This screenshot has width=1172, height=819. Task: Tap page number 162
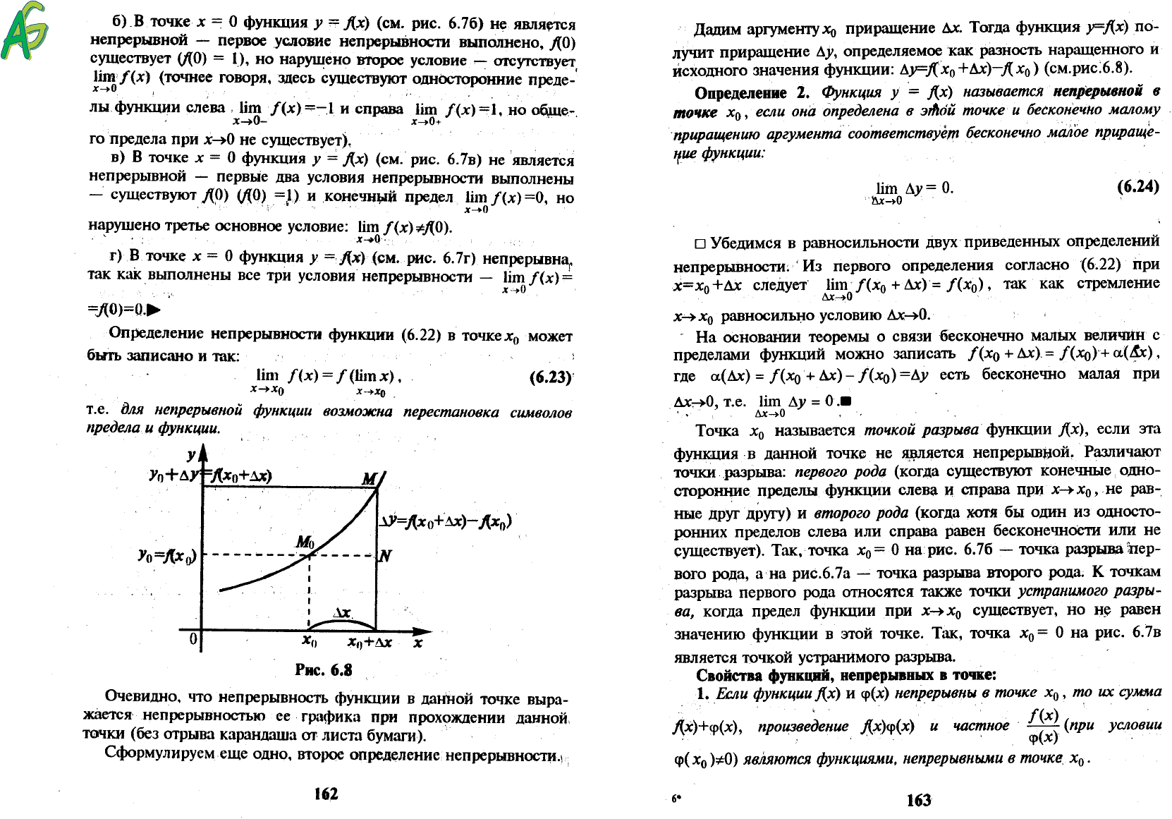pyautogui.click(x=326, y=794)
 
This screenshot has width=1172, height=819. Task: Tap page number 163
pyautogui.click(x=918, y=799)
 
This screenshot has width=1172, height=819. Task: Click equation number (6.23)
pyautogui.click(x=550, y=377)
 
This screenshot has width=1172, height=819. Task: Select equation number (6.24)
pyautogui.click(x=1137, y=186)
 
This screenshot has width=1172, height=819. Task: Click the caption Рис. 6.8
pyautogui.click(x=324, y=669)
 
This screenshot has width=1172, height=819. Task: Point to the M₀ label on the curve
pyautogui.click(x=305, y=542)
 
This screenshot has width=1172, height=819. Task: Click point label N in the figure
pyautogui.click(x=385, y=556)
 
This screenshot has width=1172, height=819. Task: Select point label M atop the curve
pyautogui.click(x=370, y=480)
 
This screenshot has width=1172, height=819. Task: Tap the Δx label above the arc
pyautogui.click(x=342, y=612)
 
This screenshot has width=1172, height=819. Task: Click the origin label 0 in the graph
pyautogui.click(x=193, y=639)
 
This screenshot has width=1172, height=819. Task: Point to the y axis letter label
pyautogui.click(x=191, y=456)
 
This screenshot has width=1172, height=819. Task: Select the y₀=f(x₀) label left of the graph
pyautogui.click(x=168, y=556)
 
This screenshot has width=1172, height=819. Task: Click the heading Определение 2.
pyautogui.click(x=752, y=93)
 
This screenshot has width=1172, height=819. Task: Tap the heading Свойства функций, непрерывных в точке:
pyautogui.click(x=846, y=675)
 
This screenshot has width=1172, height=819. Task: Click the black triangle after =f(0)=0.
pyautogui.click(x=153, y=310)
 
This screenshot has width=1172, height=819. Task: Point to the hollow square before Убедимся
pyautogui.click(x=700, y=244)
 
